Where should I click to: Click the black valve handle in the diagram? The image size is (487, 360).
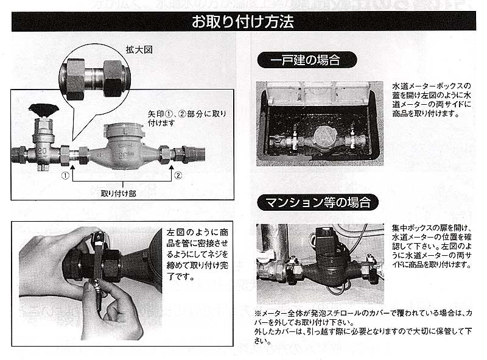point(42,110)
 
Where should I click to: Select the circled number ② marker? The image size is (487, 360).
point(178,175)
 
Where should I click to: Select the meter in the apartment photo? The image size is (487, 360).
point(325,262)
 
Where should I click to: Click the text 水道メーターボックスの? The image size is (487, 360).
point(432,86)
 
